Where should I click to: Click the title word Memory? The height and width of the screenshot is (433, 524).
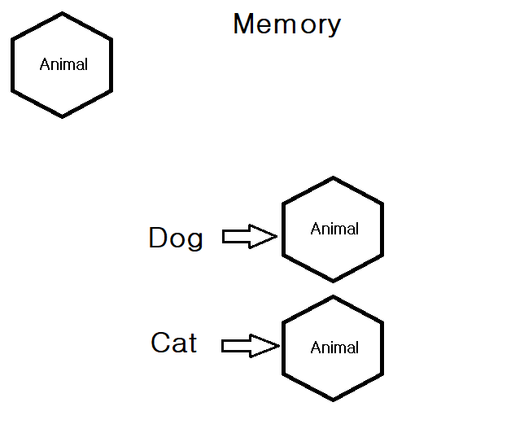click(x=286, y=24)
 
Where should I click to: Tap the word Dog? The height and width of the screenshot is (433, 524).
click(x=175, y=238)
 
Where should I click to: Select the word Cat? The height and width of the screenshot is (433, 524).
click(x=173, y=343)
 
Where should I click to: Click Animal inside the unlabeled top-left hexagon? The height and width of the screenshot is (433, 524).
click(x=63, y=64)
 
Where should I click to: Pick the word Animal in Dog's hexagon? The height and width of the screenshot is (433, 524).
click(x=334, y=229)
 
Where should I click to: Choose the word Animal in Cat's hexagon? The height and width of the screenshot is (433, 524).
click(x=334, y=348)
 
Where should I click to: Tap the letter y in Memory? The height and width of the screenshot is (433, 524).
click(x=334, y=27)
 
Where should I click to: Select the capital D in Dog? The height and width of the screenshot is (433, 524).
click(x=158, y=238)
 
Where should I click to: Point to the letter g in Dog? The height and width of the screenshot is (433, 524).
click(x=194, y=241)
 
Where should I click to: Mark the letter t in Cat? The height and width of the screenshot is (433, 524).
click(x=191, y=343)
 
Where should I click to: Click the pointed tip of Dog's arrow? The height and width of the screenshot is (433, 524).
click(x=277, y=237)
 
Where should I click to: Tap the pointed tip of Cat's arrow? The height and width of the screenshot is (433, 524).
click(x=278, y=346)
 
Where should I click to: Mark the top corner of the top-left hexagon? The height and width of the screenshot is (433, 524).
click(x=63, y=13)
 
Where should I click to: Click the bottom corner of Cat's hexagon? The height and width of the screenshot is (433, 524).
click(x=333, y=400)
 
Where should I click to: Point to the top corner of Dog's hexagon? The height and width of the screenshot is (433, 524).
click(x=333, y=177)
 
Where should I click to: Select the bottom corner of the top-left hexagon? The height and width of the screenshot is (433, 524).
click(x=63, y=116)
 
